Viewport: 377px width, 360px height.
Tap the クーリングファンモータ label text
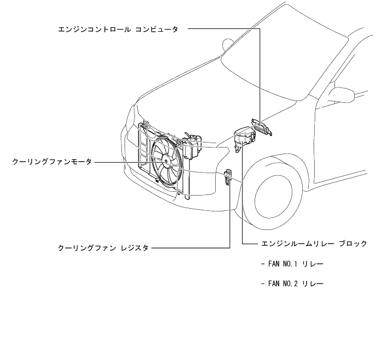click(52, 162)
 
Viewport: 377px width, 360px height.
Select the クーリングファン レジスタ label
click(103, 248)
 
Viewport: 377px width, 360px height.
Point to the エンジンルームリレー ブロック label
click(314, 244)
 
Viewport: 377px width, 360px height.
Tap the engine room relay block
click(243, 137)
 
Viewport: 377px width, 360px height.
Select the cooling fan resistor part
click(229, 176)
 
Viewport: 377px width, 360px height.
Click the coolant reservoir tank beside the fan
click(192, 145)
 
